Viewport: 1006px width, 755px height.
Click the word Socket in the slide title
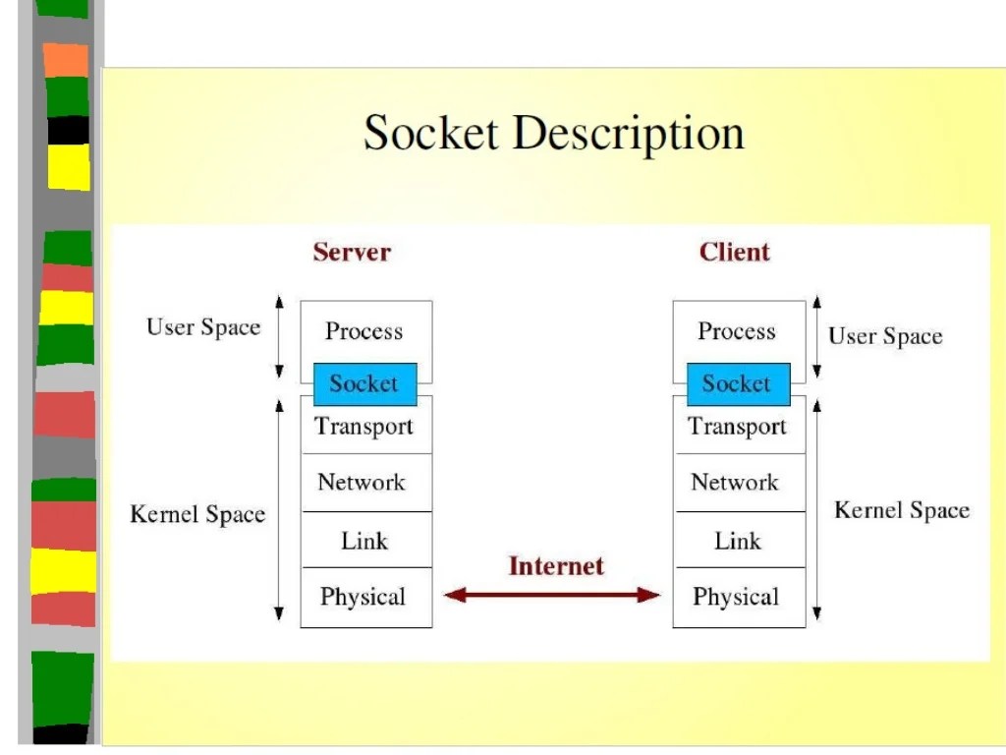pos(430,133)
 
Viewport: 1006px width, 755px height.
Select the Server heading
pos(352,252)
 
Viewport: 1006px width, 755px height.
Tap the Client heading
pos(735,252)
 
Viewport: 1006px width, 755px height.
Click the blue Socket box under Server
pos(364,384)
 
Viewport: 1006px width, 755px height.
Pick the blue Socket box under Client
pos(737,384)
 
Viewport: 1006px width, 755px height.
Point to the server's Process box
pos(364,331)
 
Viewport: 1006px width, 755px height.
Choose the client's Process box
pos(737,331)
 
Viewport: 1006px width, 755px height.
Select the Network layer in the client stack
pos(737,483)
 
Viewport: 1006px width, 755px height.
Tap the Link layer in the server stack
pos(364,540)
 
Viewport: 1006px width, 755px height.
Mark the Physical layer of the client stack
pos(737,597)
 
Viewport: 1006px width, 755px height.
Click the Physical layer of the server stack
pos(364,597)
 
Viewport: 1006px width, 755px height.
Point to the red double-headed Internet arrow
pos(552,594)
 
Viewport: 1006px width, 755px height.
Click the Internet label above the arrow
pos(556,566)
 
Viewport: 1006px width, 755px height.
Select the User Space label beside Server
pos(203,327)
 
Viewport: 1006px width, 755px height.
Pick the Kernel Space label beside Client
pos(901,510)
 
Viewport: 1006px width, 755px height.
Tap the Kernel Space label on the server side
pos(197,514)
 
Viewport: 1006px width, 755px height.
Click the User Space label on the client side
pos(885,337)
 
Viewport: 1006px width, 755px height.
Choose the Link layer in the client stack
pos(737,540)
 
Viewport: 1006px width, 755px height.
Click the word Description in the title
pos(629,133)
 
